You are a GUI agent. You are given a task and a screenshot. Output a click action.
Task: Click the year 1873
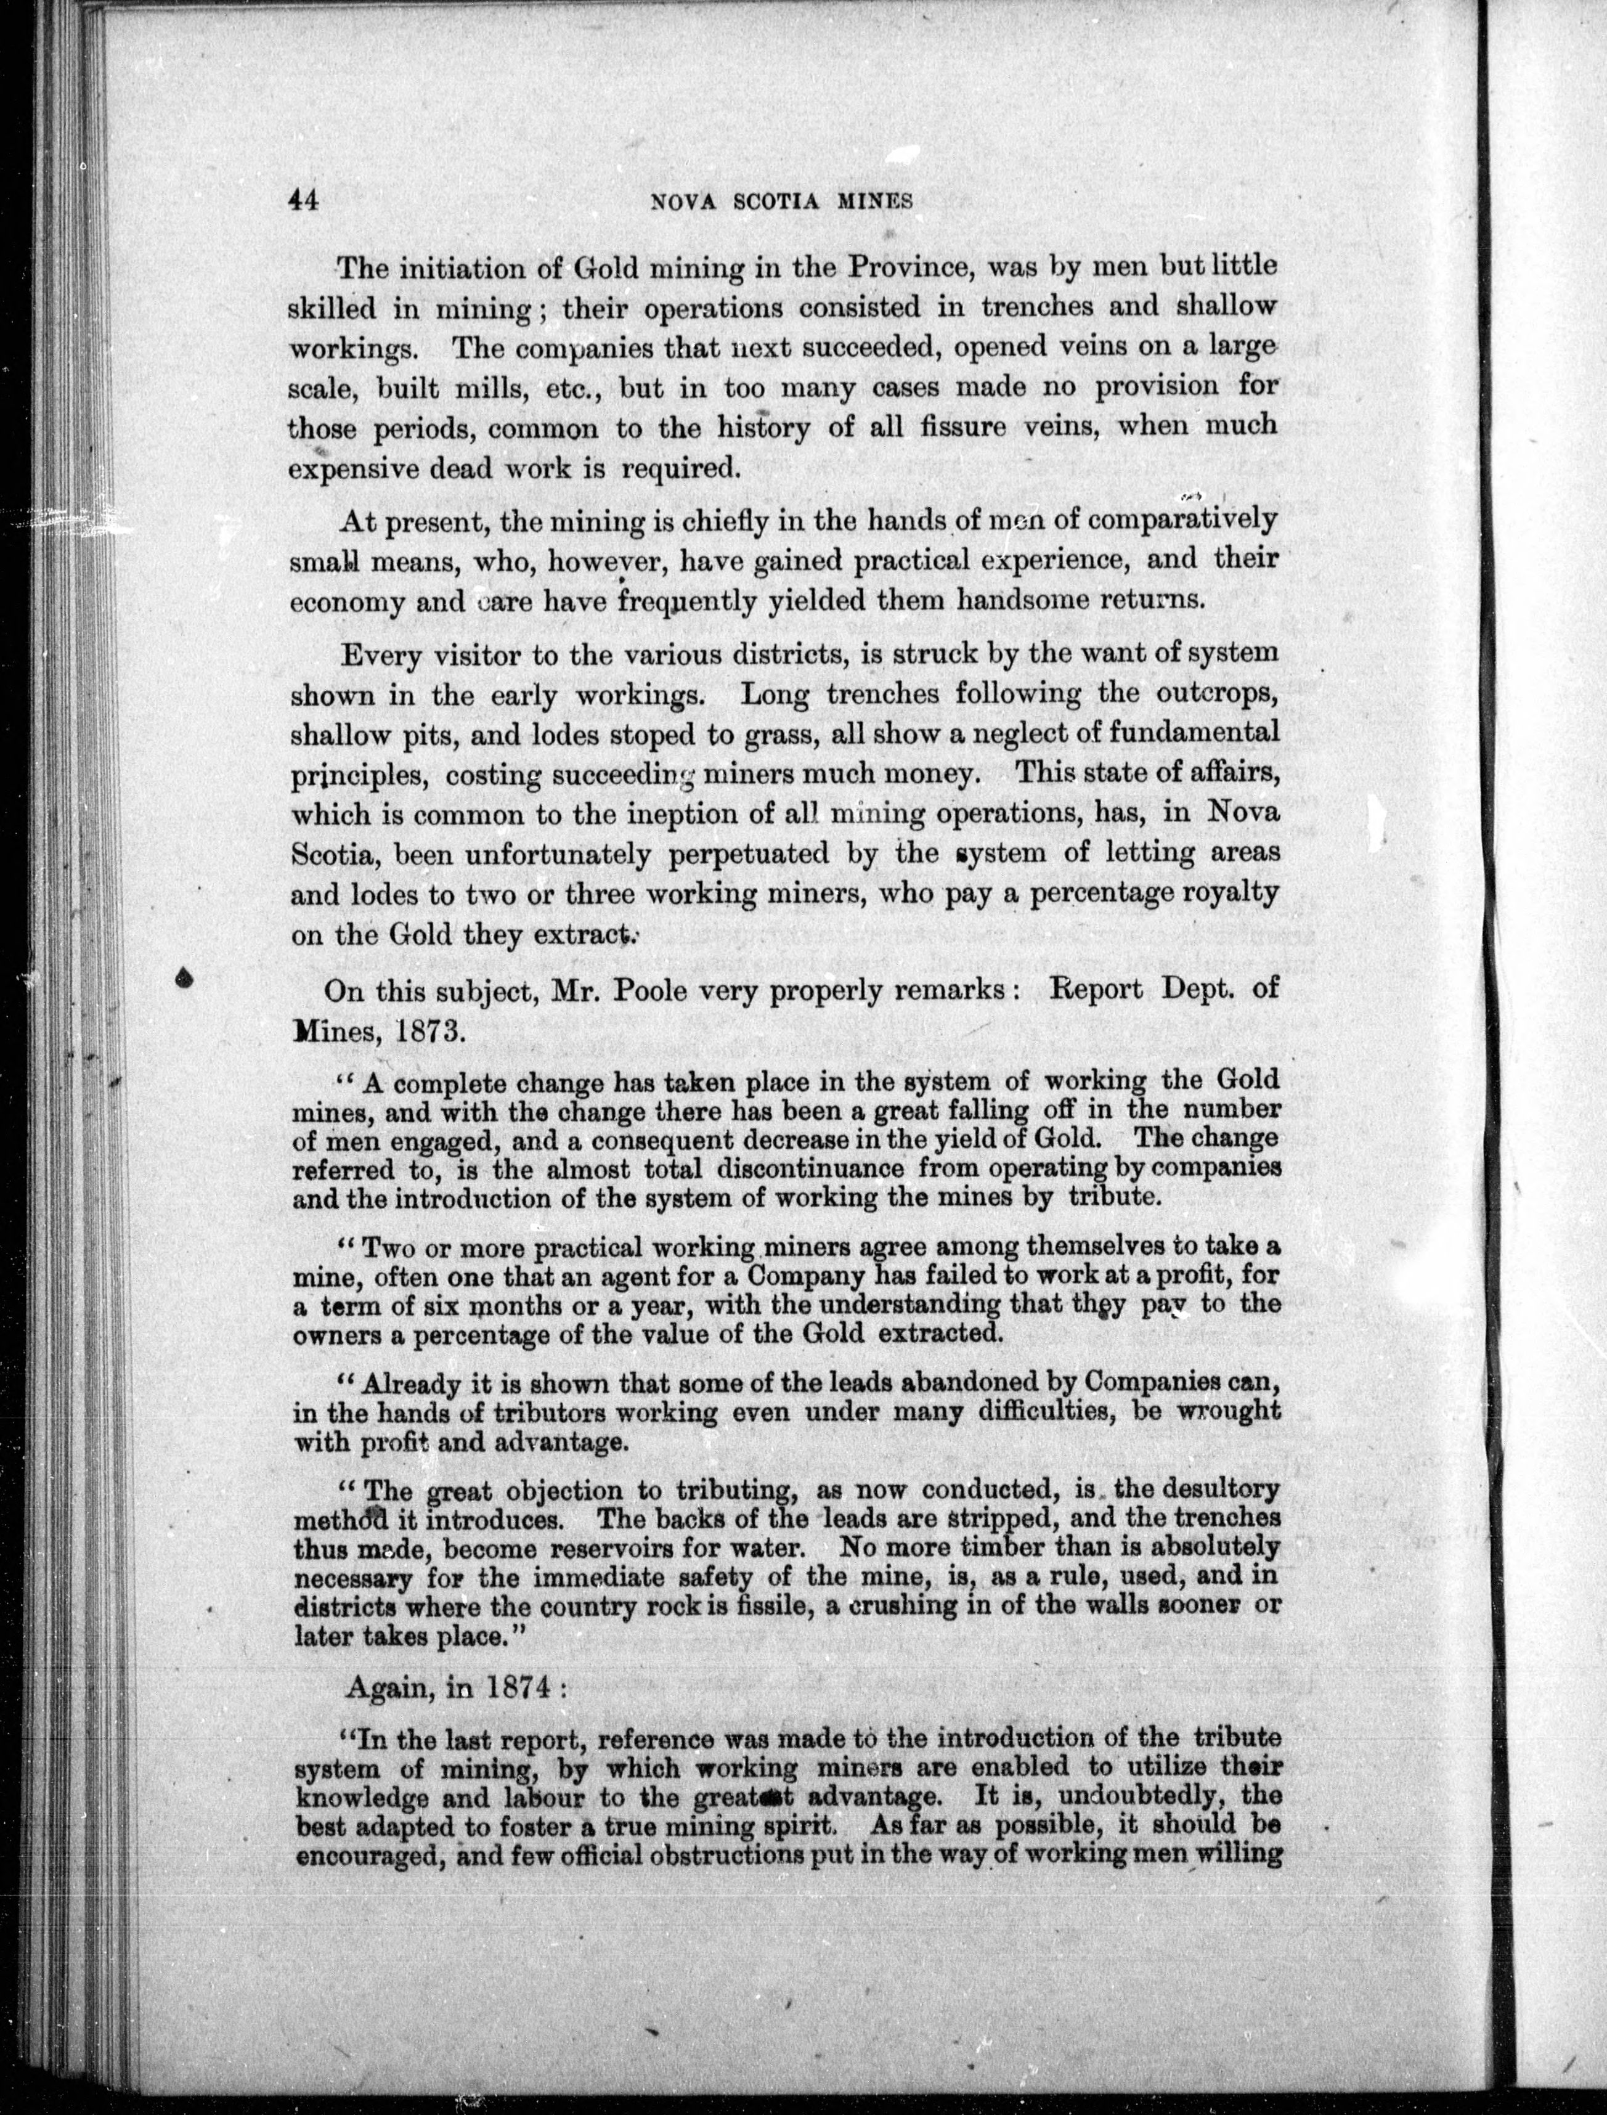[x=425, y=1030]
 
